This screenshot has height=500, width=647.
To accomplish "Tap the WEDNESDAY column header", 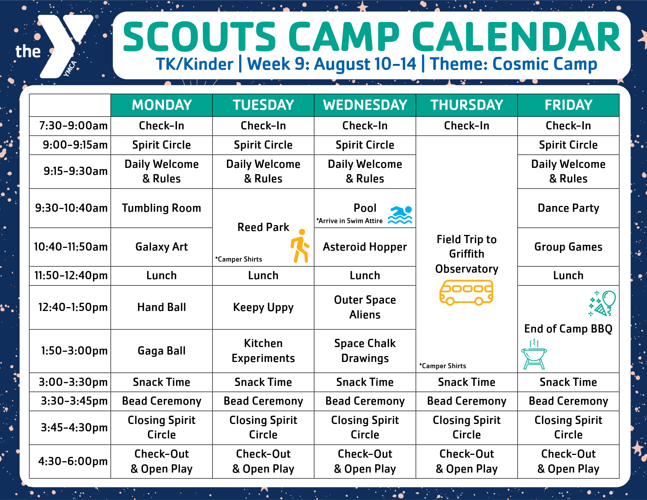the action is pyautogui.click(x=365, y=105).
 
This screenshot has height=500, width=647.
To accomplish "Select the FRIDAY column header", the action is pyautogui.click(x=568, y=105).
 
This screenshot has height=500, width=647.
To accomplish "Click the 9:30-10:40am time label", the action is pyautogui.click(x=71, y=208).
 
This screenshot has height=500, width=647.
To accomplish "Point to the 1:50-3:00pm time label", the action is pyautogui.click(x=74, y=351).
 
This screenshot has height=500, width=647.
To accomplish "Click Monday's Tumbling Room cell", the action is pyautogui.click(x=162, y=208).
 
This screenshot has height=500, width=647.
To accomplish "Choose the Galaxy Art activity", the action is pyautogui.click(x=162, y=247).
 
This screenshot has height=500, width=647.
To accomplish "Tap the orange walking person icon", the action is pyautogui.click(x=300, y=246).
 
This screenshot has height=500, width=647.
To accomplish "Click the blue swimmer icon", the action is pyautogui.click(x=400, y=215).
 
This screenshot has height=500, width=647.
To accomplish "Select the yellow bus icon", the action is pyautogui.click(x=466, y=293).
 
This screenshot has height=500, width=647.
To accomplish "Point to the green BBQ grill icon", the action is pyautogui.click(x=534, y=354).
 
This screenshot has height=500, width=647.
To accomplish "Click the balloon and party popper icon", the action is pyautogui.click(x=602, y=304).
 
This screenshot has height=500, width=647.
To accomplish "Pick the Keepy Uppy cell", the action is pyautogui.click(x=263, y=307).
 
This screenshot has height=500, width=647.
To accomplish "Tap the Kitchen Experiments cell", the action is pyautogui.click(x=263, y=351).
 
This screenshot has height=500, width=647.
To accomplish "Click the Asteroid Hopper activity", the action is pyautogui.click(x=365, y=247).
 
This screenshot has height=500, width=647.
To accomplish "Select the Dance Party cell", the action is pyautogui.click(x=568, y=208).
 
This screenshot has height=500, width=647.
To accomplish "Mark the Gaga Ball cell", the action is pyautogui.click(x=162, y=351).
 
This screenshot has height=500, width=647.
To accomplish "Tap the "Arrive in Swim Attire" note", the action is pyautogui.click(x=349, y=221).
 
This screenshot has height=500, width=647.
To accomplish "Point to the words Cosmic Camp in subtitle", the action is pyautogui.click(x=545, y=64).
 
